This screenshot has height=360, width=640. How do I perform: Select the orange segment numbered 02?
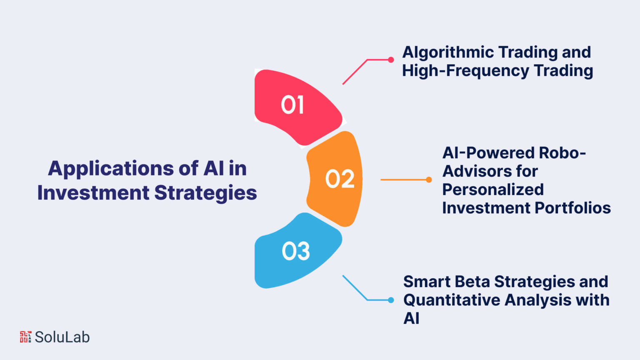point(334,179)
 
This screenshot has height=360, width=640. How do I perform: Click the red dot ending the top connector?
point(391,60)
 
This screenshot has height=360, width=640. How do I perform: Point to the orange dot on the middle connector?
point(429,180)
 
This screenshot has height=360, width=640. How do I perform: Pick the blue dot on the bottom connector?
point(391,300)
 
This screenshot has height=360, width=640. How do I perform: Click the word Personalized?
point(493,190)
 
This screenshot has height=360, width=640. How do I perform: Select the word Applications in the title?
point(110,169)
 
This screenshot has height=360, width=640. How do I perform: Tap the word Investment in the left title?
point(93,192)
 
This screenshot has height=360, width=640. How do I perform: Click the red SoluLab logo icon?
point(25,337)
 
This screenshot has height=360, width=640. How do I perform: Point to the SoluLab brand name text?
point(62,337)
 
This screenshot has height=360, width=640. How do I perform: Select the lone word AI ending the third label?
point(411,318)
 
